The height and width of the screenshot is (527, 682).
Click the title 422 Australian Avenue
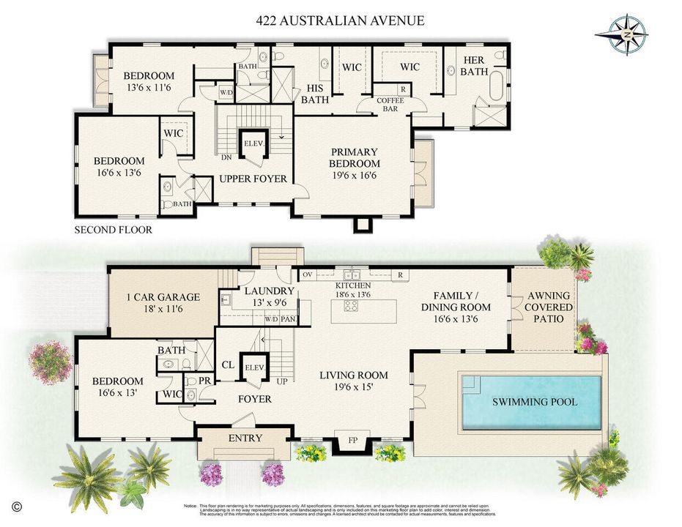click(x=340, y=20)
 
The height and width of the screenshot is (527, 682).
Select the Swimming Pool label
click(x=534, y=402)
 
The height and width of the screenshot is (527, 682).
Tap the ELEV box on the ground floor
click(x=254, y=367)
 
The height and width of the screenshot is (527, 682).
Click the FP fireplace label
click(x=352, y=441)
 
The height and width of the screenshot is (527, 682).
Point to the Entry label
click(x=245, y=438)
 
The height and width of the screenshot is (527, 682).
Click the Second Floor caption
click(x=114, y=230)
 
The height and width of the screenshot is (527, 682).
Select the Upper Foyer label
click(x=253, y=179)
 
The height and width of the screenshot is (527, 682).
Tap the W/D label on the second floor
click(x=226, y=93)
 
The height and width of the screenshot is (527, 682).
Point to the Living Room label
click(x=353, y=381)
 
